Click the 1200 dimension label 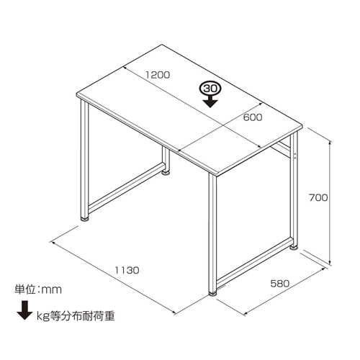click(x=158, y=75)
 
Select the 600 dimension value click(x=253, y=117)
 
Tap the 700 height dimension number click(x=318, y=198)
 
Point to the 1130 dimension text click(x=127, y=270)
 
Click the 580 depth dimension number click(x=280, y=284)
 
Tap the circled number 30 click(x=210, y=89)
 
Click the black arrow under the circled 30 click(x=210, y=102)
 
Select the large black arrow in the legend click(x=24, y=310)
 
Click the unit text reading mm click(x=52, y=289)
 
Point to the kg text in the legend click(x=42, y=317)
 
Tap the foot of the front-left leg click(x=84, y=220)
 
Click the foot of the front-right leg click(x=212, y=294)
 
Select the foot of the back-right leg click(x=294, y=247)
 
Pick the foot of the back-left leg click(x=166, y=172)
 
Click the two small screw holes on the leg click(x=295, y=156)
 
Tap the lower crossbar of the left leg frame click(x=127, y=188)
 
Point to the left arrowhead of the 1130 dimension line click(x=53, y=243)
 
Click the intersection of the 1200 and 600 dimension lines click(x=223, y=125)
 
